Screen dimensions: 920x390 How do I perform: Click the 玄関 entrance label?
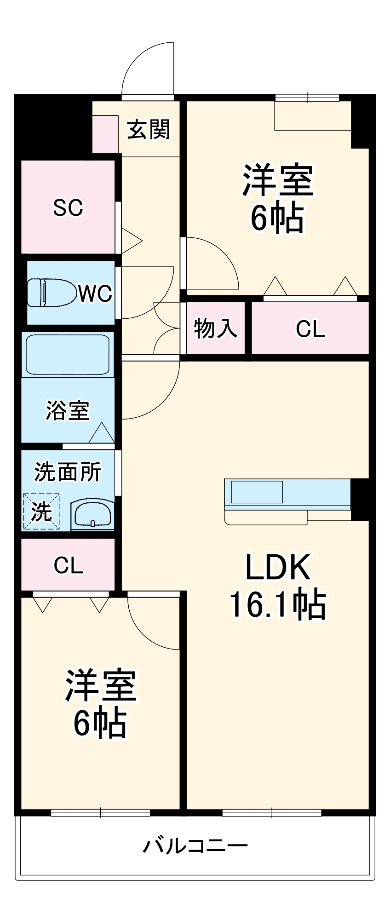point(148,130)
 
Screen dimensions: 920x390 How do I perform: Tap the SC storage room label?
point(68,207)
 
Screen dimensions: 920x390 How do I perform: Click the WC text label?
point(95,293)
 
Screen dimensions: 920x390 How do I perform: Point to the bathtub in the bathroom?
point(68,355)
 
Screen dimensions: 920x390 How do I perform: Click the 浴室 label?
point(68,410)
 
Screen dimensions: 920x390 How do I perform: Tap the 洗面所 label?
point(68,471)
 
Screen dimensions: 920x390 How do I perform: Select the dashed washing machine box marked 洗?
point(41,511)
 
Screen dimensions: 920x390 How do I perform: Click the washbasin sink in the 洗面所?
point(92,514)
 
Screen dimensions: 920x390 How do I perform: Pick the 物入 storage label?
point(215,328)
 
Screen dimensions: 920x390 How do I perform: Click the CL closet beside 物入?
point(310,328)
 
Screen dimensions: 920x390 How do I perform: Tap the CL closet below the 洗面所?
point(68,565)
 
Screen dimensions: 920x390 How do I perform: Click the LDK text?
point(278,567)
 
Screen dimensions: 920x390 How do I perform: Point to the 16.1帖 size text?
point(278,604)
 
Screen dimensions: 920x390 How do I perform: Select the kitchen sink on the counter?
point(257,492)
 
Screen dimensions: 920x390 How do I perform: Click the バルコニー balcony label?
point(195,846)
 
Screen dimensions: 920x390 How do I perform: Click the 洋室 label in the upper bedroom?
point(278,180)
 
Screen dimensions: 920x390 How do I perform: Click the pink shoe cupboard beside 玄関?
point(105,134)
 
